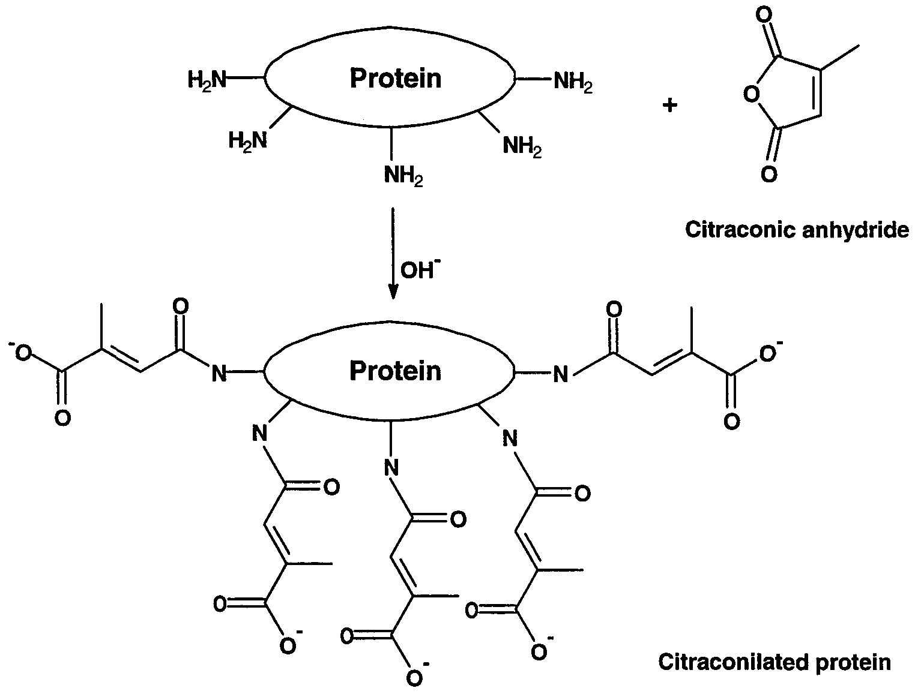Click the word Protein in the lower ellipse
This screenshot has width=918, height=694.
pos(395,371)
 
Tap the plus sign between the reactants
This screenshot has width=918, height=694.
pos(669,105)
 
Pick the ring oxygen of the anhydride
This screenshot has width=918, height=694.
pos(752,94)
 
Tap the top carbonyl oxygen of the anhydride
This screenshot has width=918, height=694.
pos(764,16)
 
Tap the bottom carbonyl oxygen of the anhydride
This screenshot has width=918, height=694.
pos(769,173)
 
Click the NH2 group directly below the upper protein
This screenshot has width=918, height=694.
pos(403,176)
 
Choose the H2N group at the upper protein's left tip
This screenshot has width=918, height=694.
pos(207,79)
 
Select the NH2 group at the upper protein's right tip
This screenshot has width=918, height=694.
pos(573,82)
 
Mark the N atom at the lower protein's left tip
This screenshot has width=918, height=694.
pos(219,373)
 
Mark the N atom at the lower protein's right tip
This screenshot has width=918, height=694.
pos(561,374)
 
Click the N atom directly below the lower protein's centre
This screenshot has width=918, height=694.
pos(391,467)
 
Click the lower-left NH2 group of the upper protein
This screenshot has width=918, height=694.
pos(247,140)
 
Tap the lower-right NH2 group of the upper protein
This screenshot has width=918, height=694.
pos(522,146)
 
